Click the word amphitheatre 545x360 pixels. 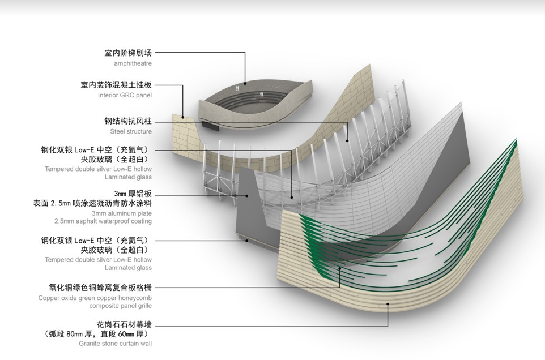click(133, 64)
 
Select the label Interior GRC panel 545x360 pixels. click(125, 96)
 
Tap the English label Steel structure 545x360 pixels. click(131, 131)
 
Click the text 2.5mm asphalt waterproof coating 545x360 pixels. click(103, 221)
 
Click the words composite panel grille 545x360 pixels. click(120, 306)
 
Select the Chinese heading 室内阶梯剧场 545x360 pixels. click(128, 53)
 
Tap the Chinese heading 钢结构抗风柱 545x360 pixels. click(128, 121)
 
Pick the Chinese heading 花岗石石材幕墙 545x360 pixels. click(125, 325)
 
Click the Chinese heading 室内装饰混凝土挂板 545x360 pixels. click(116, 85)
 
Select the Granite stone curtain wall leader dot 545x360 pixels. click(388, 303)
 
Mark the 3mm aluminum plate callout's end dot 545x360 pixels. click(248, 196)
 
